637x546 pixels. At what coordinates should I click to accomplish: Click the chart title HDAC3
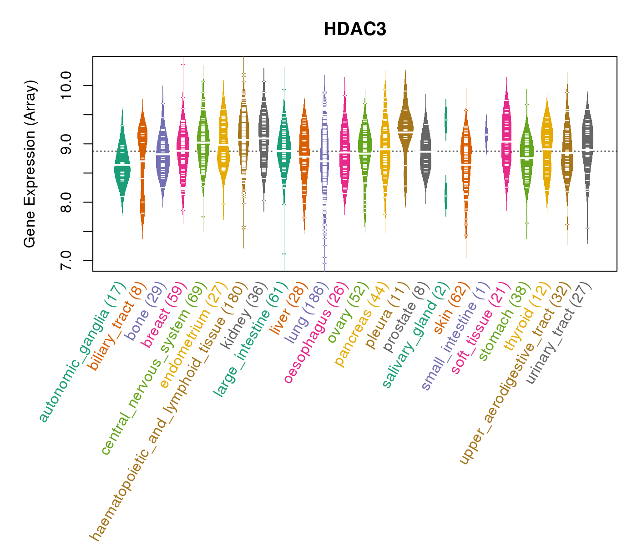coord(355,29)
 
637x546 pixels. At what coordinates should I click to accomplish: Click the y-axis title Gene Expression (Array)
coord(30,164)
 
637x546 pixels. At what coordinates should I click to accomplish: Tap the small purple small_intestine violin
coord(486,135)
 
